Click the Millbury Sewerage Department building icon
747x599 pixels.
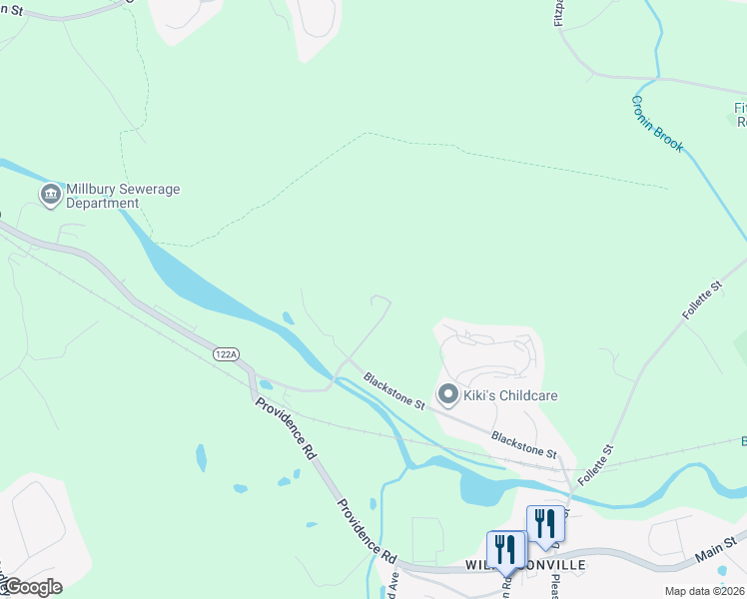(50, 194)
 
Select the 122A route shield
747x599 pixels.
(226, 354)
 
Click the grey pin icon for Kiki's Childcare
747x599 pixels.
(448, 395)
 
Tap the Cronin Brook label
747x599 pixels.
(657, 124)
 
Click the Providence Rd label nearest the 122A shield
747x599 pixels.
(286, 428)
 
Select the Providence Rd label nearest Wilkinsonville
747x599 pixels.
(367, 529)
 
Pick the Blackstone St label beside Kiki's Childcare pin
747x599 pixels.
(394, 391)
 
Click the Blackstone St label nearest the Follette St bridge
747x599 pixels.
(522, 444)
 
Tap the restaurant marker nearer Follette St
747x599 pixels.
(545, 523)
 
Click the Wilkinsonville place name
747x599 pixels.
(525, 566)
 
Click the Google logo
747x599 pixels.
(32, 587)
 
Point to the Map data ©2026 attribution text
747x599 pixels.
(705, 591)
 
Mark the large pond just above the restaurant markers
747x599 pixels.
(485, 488)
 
